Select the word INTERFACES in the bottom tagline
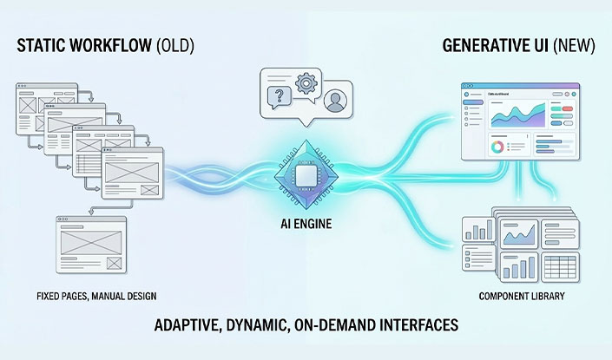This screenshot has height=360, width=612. click(x=416, y=326)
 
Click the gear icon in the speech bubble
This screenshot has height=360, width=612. click(x=305, y=84)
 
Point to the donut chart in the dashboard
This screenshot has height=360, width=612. click(x=497, y=147)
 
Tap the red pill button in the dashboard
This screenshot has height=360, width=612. click(x=568, y=109)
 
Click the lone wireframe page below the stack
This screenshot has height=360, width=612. click(x=90, y=244)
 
